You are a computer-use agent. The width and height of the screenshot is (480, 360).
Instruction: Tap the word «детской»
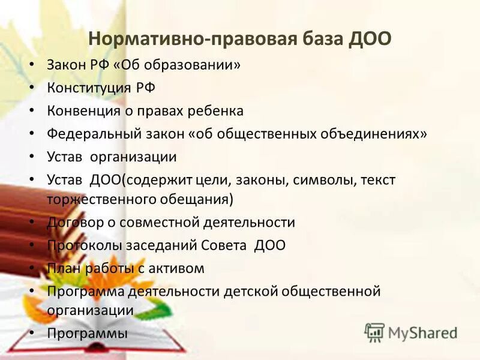coord(248,291)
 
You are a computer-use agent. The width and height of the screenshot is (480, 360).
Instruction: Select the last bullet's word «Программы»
coord(88,333)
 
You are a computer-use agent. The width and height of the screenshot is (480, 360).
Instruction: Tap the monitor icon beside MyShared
coord(375,332)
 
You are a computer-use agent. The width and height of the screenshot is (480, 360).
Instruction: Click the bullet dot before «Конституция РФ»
coord(31,88)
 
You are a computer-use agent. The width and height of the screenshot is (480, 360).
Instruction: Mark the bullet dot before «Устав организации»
coord(31,157)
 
